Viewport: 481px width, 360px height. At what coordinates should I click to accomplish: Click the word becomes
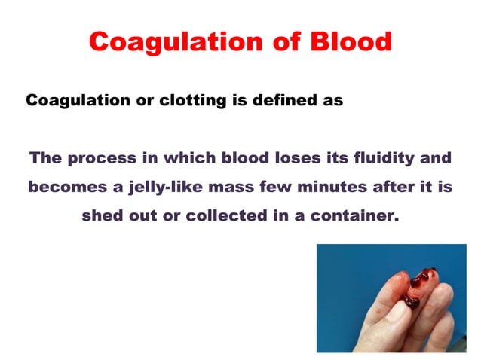pos(63,186)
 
